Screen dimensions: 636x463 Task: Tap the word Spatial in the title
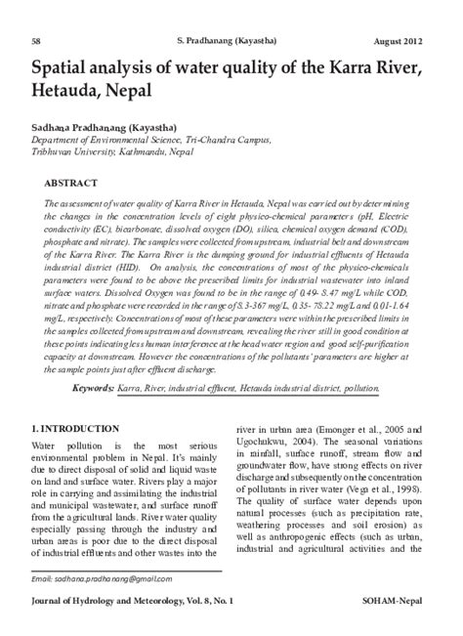coord(65,67)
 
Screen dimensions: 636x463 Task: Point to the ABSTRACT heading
coord(70,183)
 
